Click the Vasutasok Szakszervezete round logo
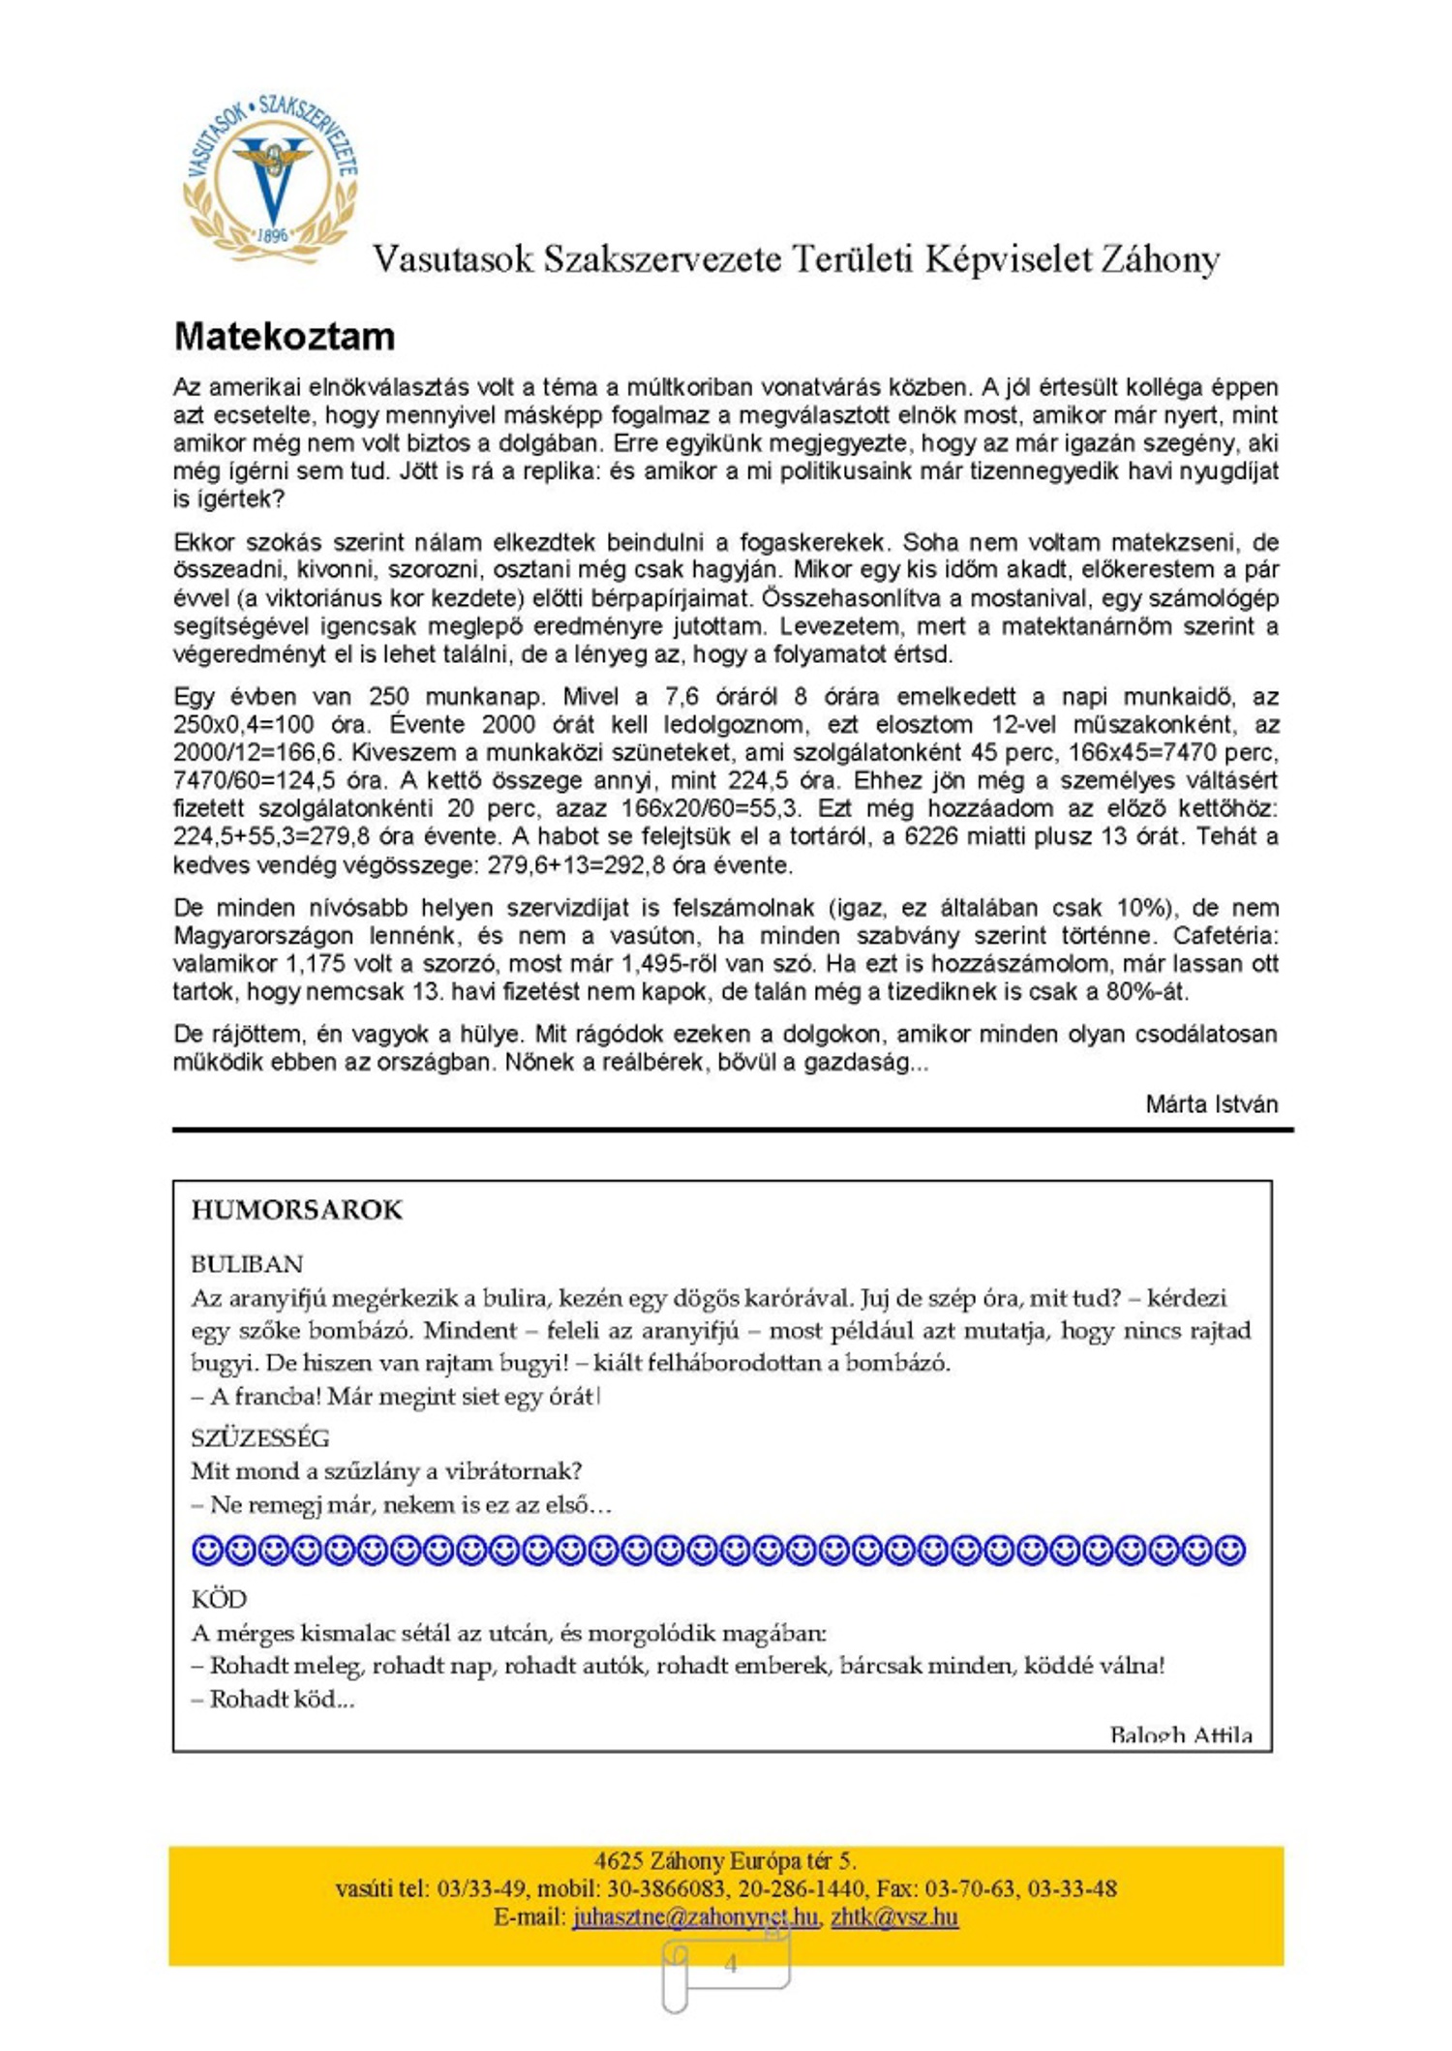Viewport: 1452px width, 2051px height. pos(272,180)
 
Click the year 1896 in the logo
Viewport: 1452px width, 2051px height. pos(272,235)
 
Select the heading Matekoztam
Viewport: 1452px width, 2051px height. pos(285,337)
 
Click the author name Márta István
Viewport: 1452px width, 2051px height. pos(1211,1103)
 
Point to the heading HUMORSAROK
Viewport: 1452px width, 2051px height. pos(296,1210)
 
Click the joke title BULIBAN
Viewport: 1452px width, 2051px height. pos(247,1264)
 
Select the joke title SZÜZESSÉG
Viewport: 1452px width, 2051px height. pos(259,1437)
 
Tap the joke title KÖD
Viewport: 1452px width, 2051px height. pos(219,1599)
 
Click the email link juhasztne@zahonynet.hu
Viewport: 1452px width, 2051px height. pos(695,1916)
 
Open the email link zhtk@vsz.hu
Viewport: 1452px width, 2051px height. pos(894,1916)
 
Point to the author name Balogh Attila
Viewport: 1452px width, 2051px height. pos(1181,1734)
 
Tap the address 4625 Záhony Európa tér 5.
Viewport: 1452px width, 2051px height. pos(725,1860)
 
